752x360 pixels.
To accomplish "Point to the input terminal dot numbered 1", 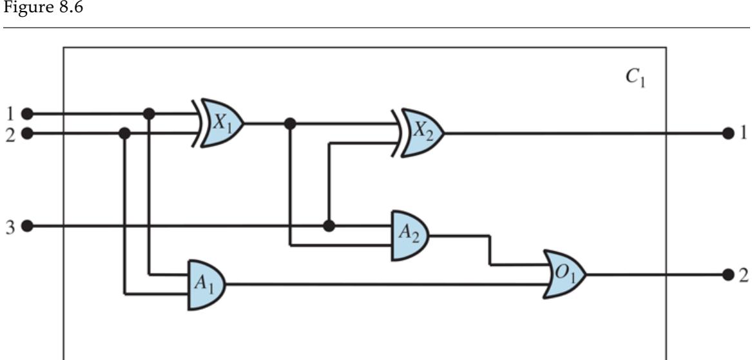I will pos(26,113).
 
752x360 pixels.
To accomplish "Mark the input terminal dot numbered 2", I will pos(26,133).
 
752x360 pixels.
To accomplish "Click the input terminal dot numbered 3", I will pos(26,226).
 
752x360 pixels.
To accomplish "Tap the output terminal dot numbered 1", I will pos(729,133).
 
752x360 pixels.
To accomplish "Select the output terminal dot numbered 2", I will pos(729,274).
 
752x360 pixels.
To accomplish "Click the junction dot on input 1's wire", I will pos(149,113).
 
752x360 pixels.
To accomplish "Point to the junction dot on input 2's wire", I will pos(125,133).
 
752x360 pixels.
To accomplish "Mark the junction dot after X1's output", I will pos(291,123).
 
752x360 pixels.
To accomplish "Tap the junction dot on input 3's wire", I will pos(329,226).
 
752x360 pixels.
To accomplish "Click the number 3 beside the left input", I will pos(10,226).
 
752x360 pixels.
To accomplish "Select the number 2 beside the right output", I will pos(743,275).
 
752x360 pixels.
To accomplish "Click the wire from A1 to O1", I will pos(387,285).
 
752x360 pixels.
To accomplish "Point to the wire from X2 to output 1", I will pos(580,133).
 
